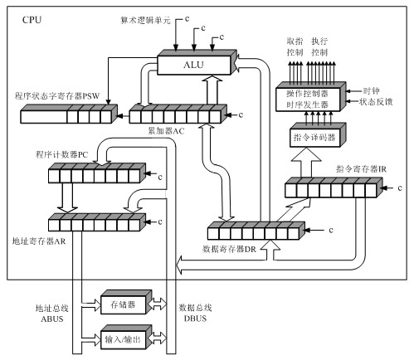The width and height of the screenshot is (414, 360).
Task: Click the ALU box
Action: point(196,62)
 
